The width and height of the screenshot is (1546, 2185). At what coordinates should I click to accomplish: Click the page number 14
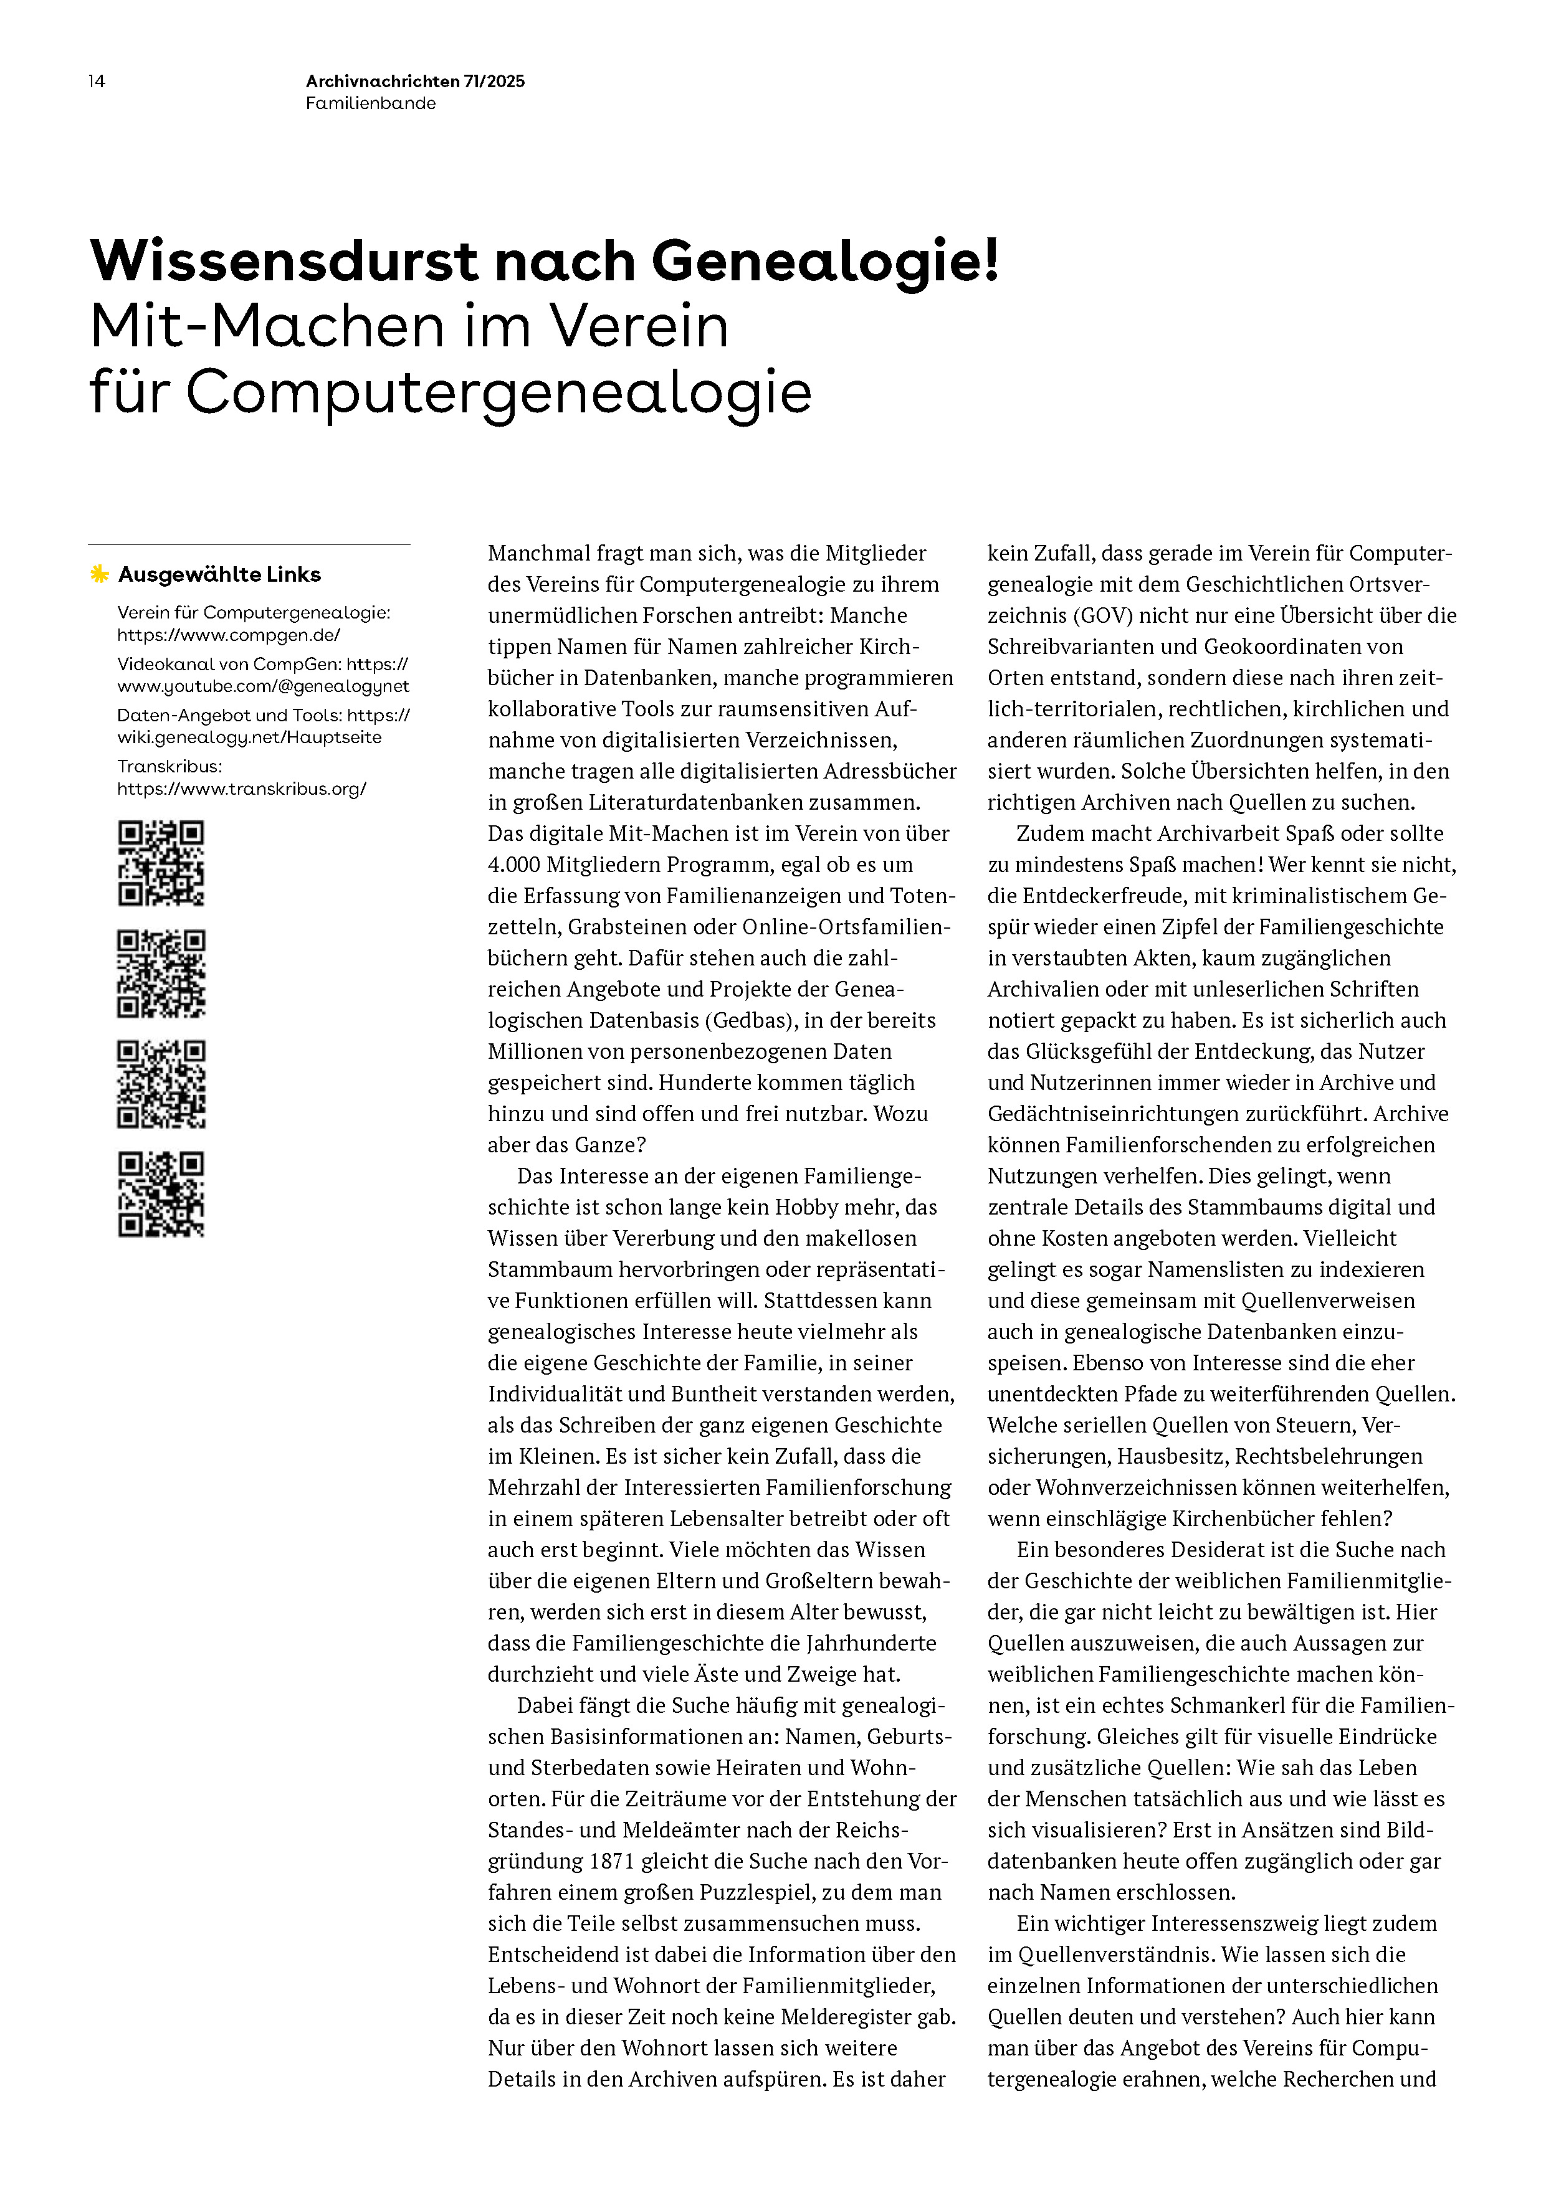click(x=96, y=82)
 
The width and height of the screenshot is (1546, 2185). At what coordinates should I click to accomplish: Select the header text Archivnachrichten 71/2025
click(x=415, y=82)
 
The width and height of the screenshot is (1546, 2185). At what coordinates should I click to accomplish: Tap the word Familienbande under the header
click(x=370, y=104)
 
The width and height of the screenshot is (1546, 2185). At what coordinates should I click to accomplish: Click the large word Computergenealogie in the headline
click(x=498, y=392)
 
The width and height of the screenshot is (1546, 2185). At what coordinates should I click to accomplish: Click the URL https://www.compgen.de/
click(x=229, y=635)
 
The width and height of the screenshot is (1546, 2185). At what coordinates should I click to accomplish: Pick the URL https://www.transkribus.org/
click(x=242, y=789)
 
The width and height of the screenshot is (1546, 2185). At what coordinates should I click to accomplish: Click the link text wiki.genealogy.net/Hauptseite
click(x=249, y=737)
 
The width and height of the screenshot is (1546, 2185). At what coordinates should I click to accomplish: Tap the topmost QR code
click(x=161, y=863)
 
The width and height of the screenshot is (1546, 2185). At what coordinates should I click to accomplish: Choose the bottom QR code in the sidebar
click(x=161, y=1194)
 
